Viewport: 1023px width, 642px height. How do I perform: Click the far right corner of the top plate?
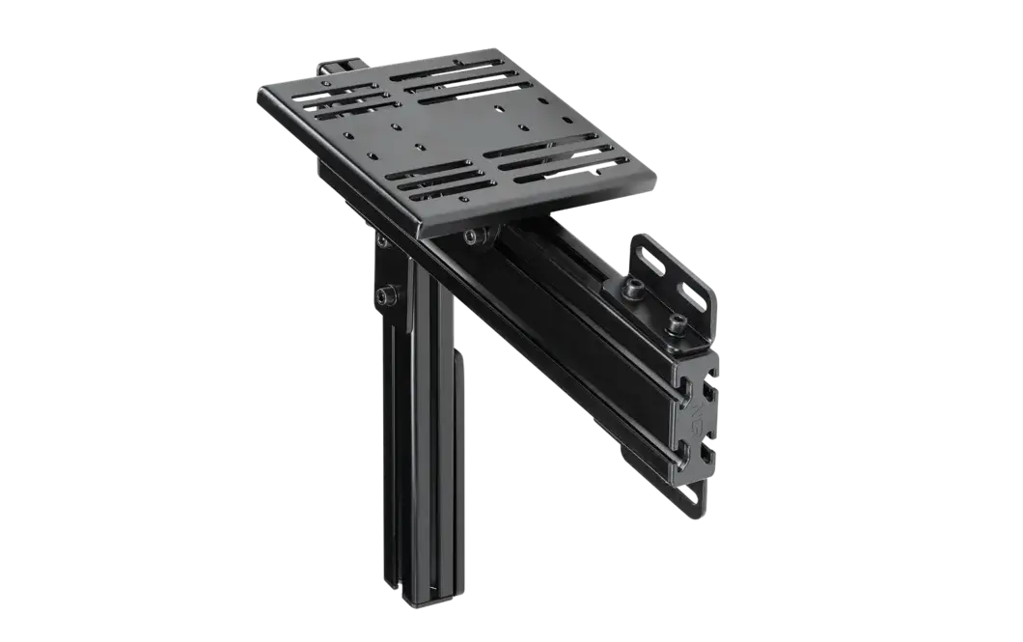[658, 176]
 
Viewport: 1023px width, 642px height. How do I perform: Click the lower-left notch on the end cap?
[686, 446]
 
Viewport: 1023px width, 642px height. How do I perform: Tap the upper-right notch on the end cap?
[711, 391]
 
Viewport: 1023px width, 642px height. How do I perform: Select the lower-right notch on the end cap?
[709, 452]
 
